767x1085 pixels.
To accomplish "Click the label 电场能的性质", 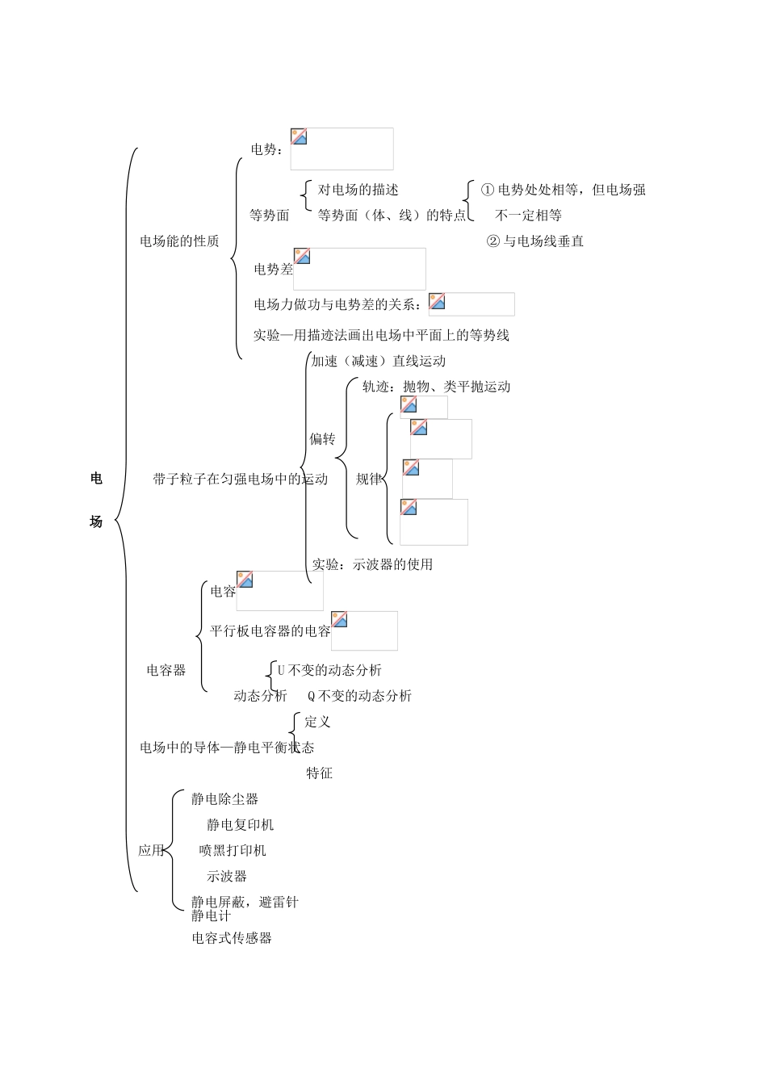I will (179, 241).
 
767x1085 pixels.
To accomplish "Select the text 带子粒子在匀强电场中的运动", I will (241, 479).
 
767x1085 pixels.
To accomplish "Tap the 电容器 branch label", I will (166, 670).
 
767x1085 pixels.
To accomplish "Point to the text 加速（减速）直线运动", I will (379, 361).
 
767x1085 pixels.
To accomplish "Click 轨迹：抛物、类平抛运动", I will (437, 387).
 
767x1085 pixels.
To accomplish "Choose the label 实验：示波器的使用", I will (373, 564).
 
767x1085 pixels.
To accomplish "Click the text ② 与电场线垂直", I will (535, 241).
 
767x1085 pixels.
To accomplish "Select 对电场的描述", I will (358, 190).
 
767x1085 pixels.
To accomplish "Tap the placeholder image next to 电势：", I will (342, 149).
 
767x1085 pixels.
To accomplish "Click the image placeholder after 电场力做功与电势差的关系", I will (471, 304).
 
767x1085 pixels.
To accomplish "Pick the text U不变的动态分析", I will (329, 670).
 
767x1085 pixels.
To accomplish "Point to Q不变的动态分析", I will (359, 696).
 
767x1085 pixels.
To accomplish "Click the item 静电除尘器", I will (224, 799).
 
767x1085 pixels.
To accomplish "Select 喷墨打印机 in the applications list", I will (233, 851).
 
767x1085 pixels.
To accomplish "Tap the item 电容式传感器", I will (232, 938).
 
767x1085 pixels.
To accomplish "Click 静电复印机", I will (240, 825).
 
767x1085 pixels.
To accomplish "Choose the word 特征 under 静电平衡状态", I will (320, 773).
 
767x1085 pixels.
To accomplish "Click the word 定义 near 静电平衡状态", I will (318, 722).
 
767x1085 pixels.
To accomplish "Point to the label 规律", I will (369, 479).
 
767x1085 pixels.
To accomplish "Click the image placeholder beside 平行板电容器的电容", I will (364, 630).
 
